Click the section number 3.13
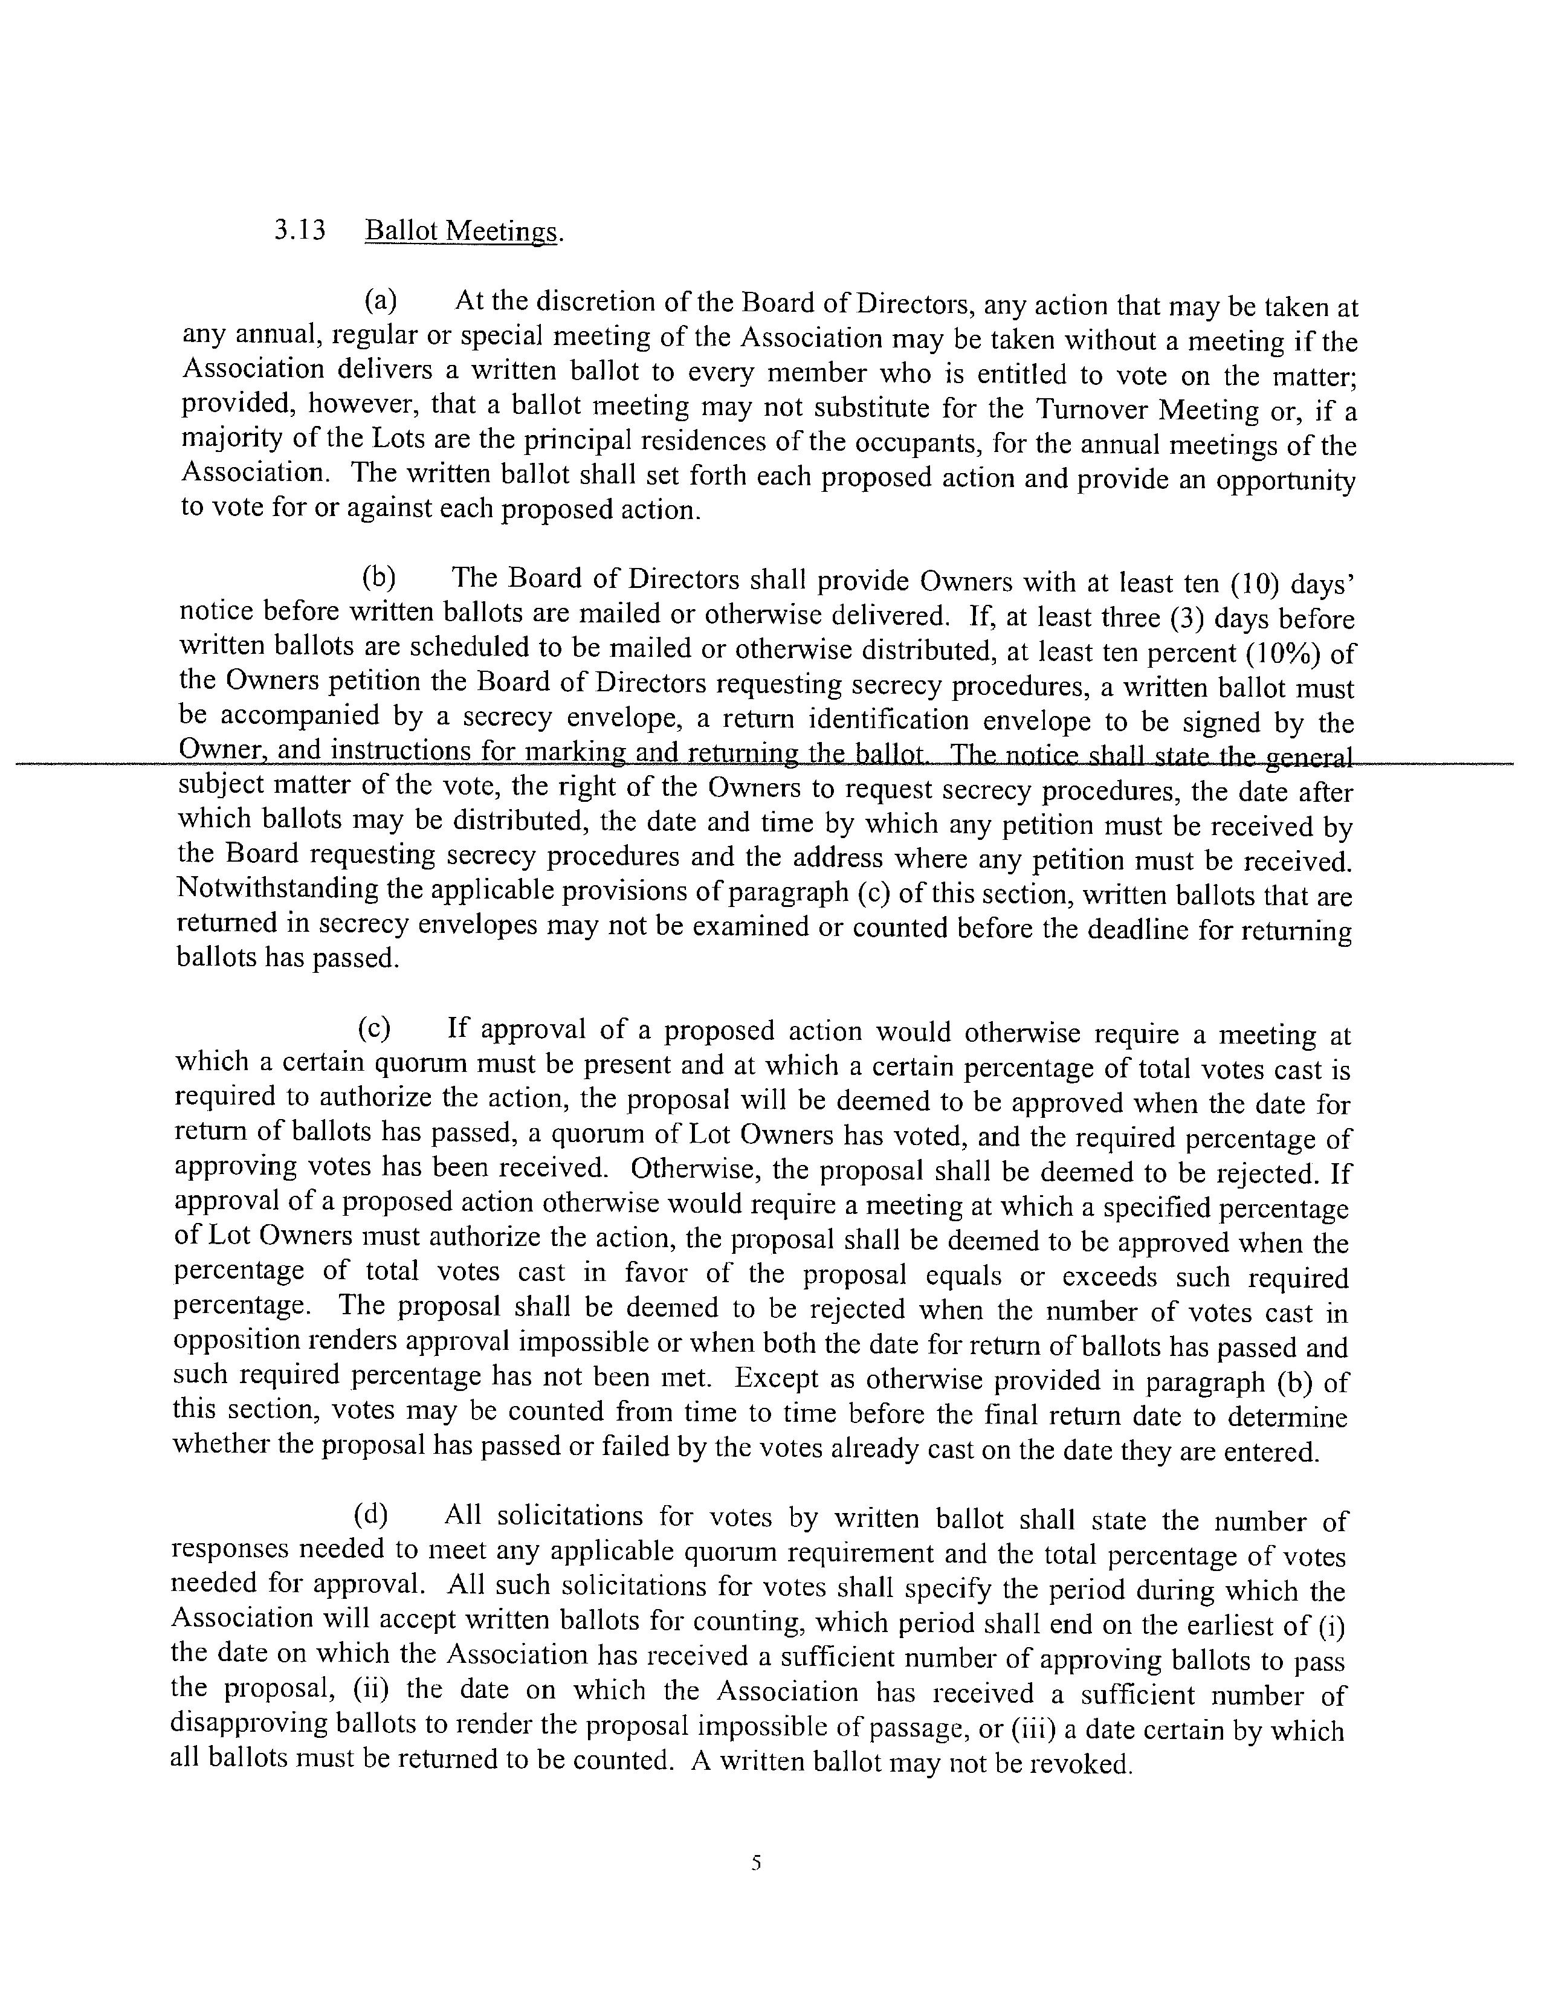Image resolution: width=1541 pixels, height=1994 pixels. (x=299, y=229)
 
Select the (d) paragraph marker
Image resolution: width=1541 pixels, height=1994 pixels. (x=370, y=1515)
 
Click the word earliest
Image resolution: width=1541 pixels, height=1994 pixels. (x=1223, y=1624)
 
